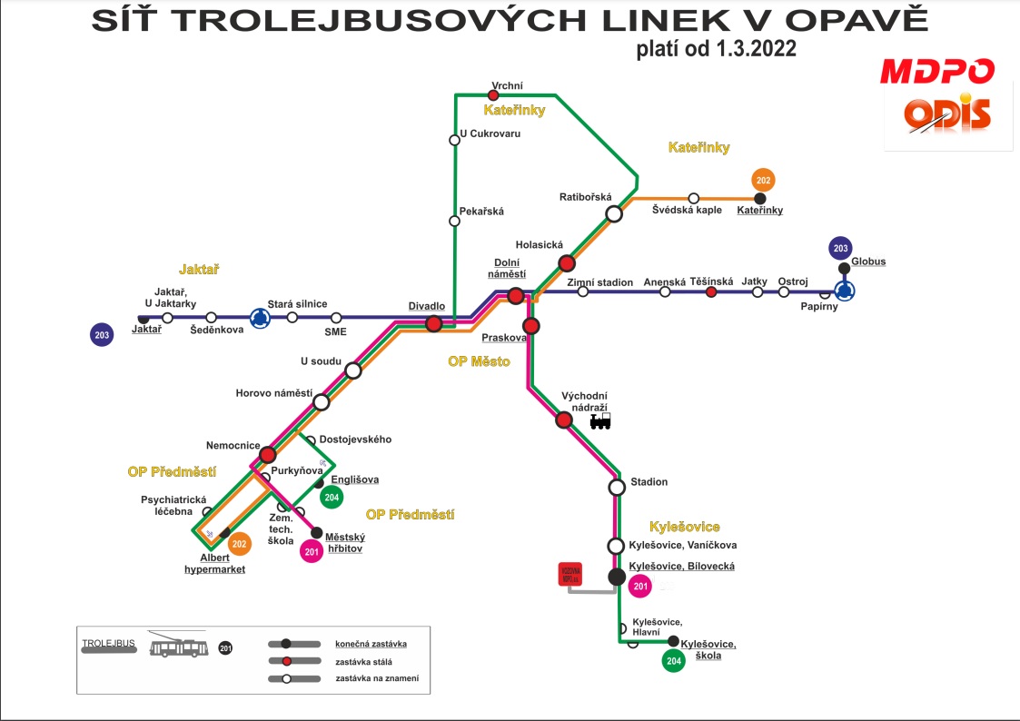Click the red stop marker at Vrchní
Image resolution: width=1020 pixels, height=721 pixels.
coord(493,95)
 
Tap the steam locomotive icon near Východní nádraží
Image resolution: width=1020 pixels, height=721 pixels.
coord(600,420)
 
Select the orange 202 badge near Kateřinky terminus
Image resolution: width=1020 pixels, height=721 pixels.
coord(764,180)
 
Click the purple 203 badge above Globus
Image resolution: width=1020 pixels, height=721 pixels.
coord(840,248)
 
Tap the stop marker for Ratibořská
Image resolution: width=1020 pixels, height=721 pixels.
coord(614,213)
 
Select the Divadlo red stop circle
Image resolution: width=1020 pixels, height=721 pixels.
coord(434,323)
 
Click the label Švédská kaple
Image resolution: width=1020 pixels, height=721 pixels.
coord(687,210)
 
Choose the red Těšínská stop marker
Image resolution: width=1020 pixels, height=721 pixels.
coord(711,291)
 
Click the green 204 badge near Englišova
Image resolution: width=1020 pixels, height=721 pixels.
coord(332,497)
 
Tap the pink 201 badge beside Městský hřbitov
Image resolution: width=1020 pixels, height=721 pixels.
coord(312,551)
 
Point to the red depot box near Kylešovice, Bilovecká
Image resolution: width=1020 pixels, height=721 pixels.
coord(569,574)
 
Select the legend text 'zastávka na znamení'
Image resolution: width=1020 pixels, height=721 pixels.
coord(382,678)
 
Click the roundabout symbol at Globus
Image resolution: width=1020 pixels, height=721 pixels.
coord(845,291)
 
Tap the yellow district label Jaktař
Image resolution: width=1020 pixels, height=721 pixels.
coord(200,270)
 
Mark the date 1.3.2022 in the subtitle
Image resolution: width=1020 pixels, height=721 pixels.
coord(749,49)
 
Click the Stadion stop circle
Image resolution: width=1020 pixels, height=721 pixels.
coord(617,487)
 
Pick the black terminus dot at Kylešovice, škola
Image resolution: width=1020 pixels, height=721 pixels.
coord(673,641)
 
